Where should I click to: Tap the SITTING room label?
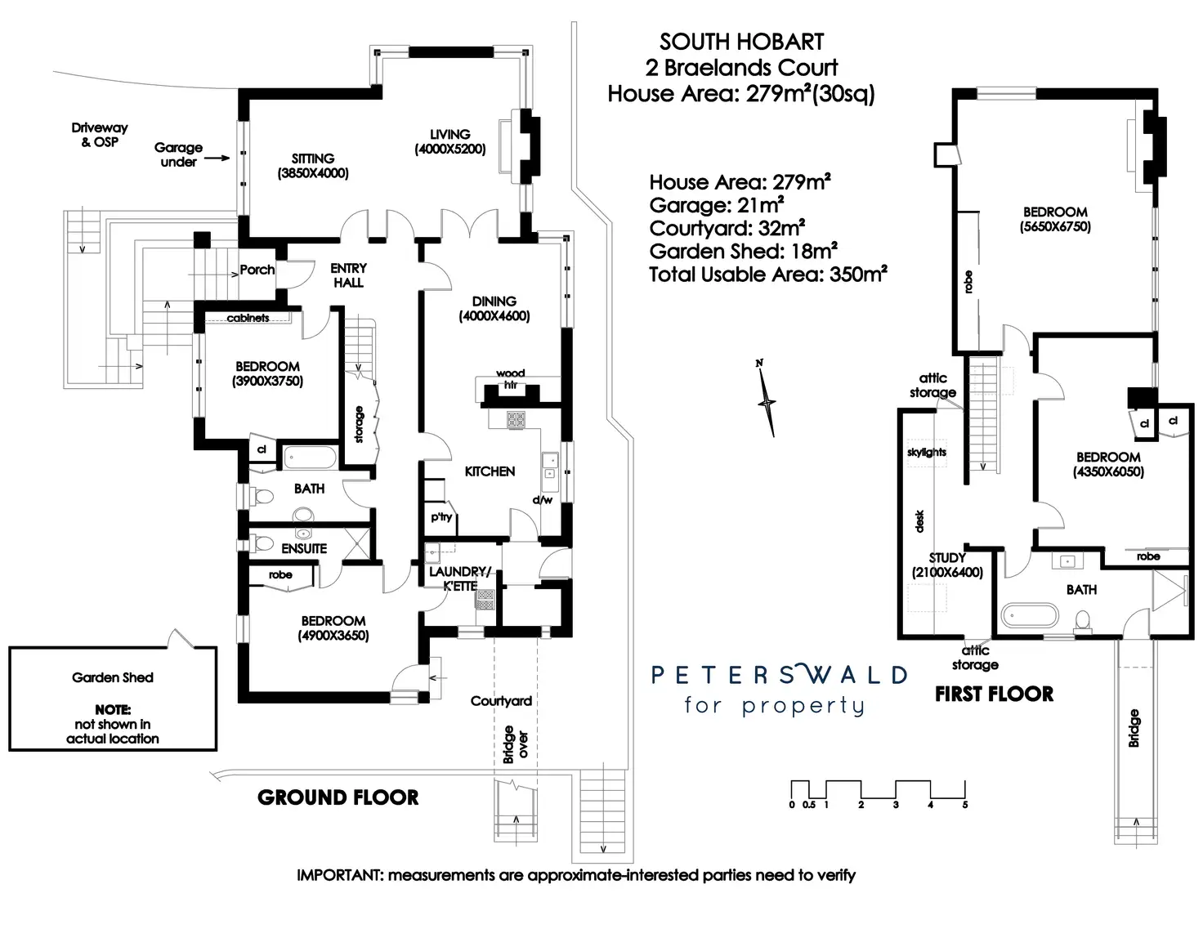[x=313, y=165]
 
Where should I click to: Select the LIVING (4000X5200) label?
[x=449, y=141]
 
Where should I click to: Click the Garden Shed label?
[x=113, y=677]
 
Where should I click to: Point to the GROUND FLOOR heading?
[x=338, y=797]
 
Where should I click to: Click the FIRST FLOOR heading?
[x=994, y=695]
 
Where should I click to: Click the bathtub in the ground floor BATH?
[x=309, y=457]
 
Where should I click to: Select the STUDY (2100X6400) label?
[x=947, y=565]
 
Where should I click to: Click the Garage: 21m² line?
[x=717, y=205]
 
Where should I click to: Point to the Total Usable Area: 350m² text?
[x=768, y=275]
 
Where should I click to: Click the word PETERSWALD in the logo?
[x=779, y=675]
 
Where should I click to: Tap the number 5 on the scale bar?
[x=965, y=805]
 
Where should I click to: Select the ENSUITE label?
[x=304, y=549]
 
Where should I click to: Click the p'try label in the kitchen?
[x=441, y=517]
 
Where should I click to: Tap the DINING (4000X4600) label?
[x=494, y=308]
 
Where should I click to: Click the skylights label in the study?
[x=927, y=452]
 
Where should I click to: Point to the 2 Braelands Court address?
[x=742, y=68]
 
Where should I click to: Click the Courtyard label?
[x=501, y=701]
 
